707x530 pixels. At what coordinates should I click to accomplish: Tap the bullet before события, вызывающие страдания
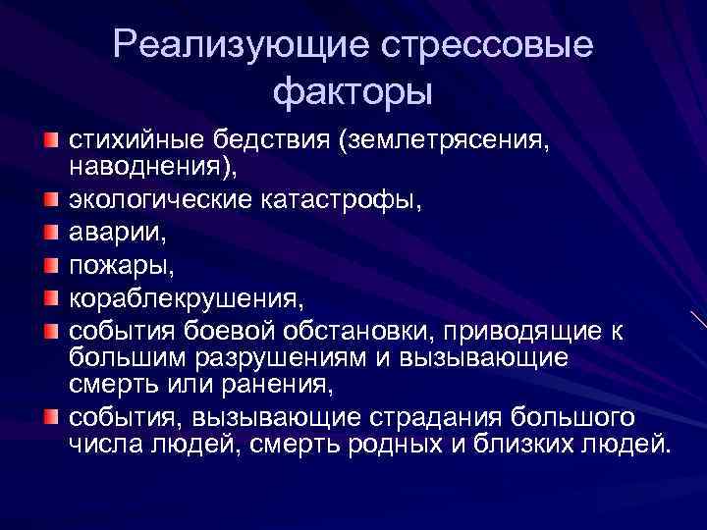(x=50, y=418)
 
